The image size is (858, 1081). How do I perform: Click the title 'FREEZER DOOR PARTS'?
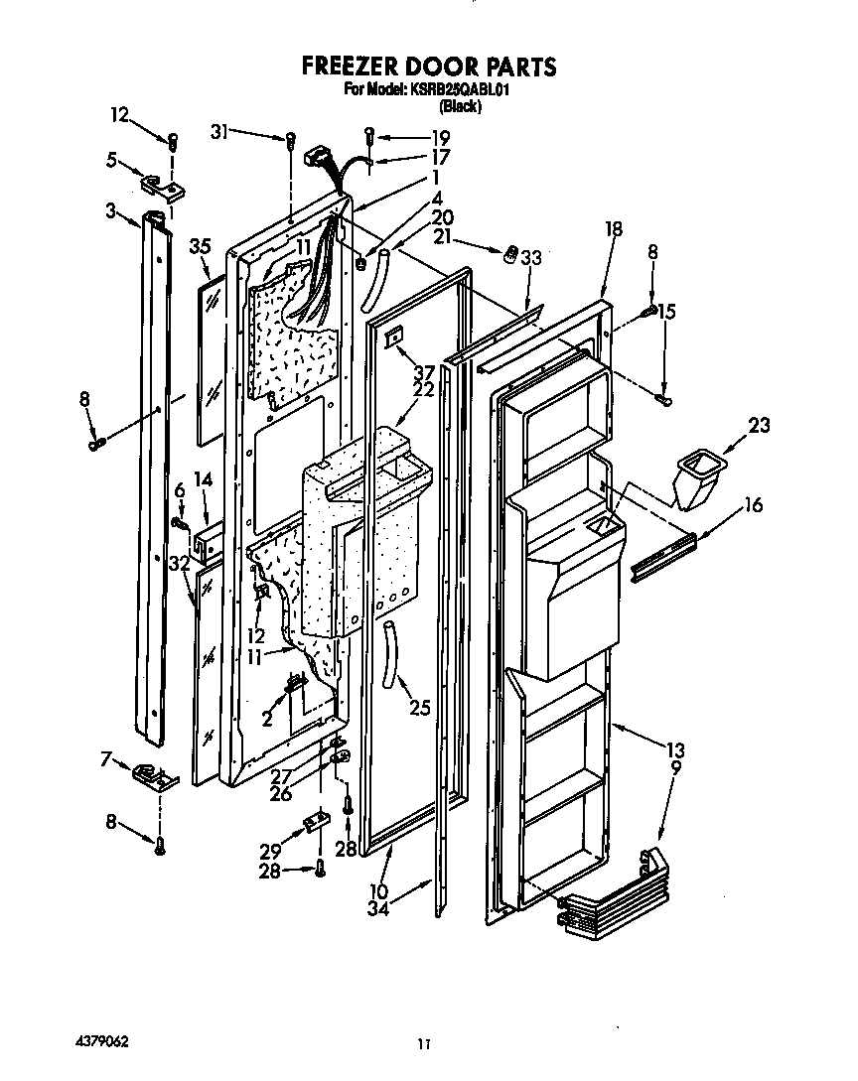pos(428,68)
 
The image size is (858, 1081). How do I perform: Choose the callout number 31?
pos(221,129)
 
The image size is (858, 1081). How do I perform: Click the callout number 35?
pos(202,247)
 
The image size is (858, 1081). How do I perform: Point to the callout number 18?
pos(613,229)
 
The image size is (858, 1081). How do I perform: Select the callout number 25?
pos(421,709)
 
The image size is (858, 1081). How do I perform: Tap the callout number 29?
pos(268,853)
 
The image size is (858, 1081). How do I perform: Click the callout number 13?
pos(674,749)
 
